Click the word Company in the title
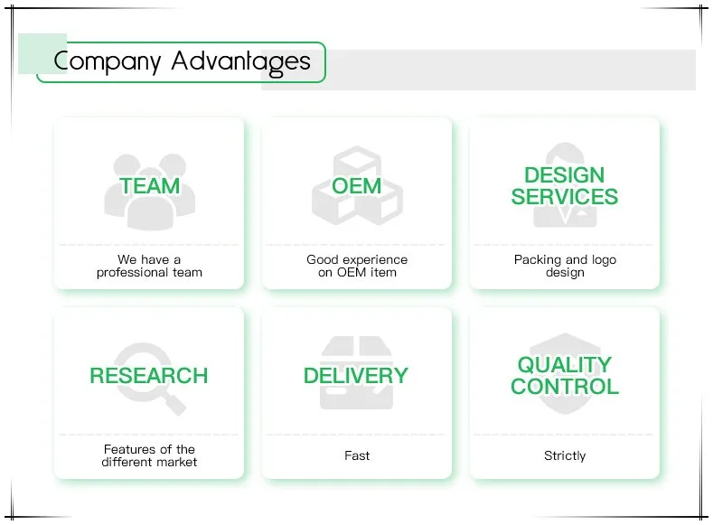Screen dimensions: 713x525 click(108, 61)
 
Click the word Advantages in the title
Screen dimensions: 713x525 click(241, 62)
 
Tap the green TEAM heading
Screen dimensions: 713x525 click(150, 186)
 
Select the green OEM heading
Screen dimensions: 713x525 click(356, 186)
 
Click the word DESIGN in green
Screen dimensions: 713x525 click(564, 175)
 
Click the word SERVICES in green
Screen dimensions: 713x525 click(564, 197)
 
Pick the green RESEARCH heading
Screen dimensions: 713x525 click(149, 376)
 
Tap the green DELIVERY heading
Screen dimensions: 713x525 click(356, 376)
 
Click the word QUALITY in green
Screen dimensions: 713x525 click(564, 365)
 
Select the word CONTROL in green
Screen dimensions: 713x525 click(564, 387)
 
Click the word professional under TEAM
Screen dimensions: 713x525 click(132, 273)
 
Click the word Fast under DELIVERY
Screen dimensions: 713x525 click(357, 455)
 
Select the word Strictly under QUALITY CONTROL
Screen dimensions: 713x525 click(565, 456)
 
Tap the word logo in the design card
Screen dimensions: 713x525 click(604, 260)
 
